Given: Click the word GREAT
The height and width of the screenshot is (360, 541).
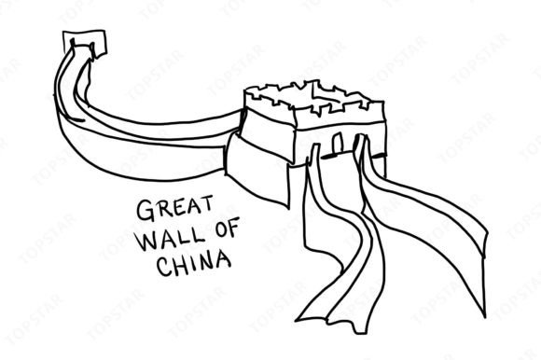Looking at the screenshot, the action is tap(174, 208).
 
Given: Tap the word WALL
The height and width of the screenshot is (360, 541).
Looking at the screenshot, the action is tap(171, 238).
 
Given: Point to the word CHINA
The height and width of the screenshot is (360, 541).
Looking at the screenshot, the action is tap(194, 264).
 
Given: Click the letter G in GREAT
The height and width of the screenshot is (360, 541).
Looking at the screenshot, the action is tap(145, 211).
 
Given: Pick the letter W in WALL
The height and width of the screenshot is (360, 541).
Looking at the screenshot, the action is tap(148, 240).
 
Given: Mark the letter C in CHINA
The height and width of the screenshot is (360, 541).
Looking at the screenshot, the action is tap(164, 266).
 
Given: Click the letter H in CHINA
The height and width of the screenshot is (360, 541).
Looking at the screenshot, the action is tap(179, 265).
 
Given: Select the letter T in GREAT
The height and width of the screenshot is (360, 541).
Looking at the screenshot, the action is tap(206, 203).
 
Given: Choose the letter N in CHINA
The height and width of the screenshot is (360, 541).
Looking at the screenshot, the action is tap(205, 262).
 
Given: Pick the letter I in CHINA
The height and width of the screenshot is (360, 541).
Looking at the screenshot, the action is tap(192, 263).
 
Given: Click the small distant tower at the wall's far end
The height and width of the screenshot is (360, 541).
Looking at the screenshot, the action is tap(85, 43).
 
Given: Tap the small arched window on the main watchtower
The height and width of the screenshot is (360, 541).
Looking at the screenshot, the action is tap(338, 143).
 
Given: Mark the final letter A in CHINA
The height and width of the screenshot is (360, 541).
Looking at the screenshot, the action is tap(223, 260).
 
